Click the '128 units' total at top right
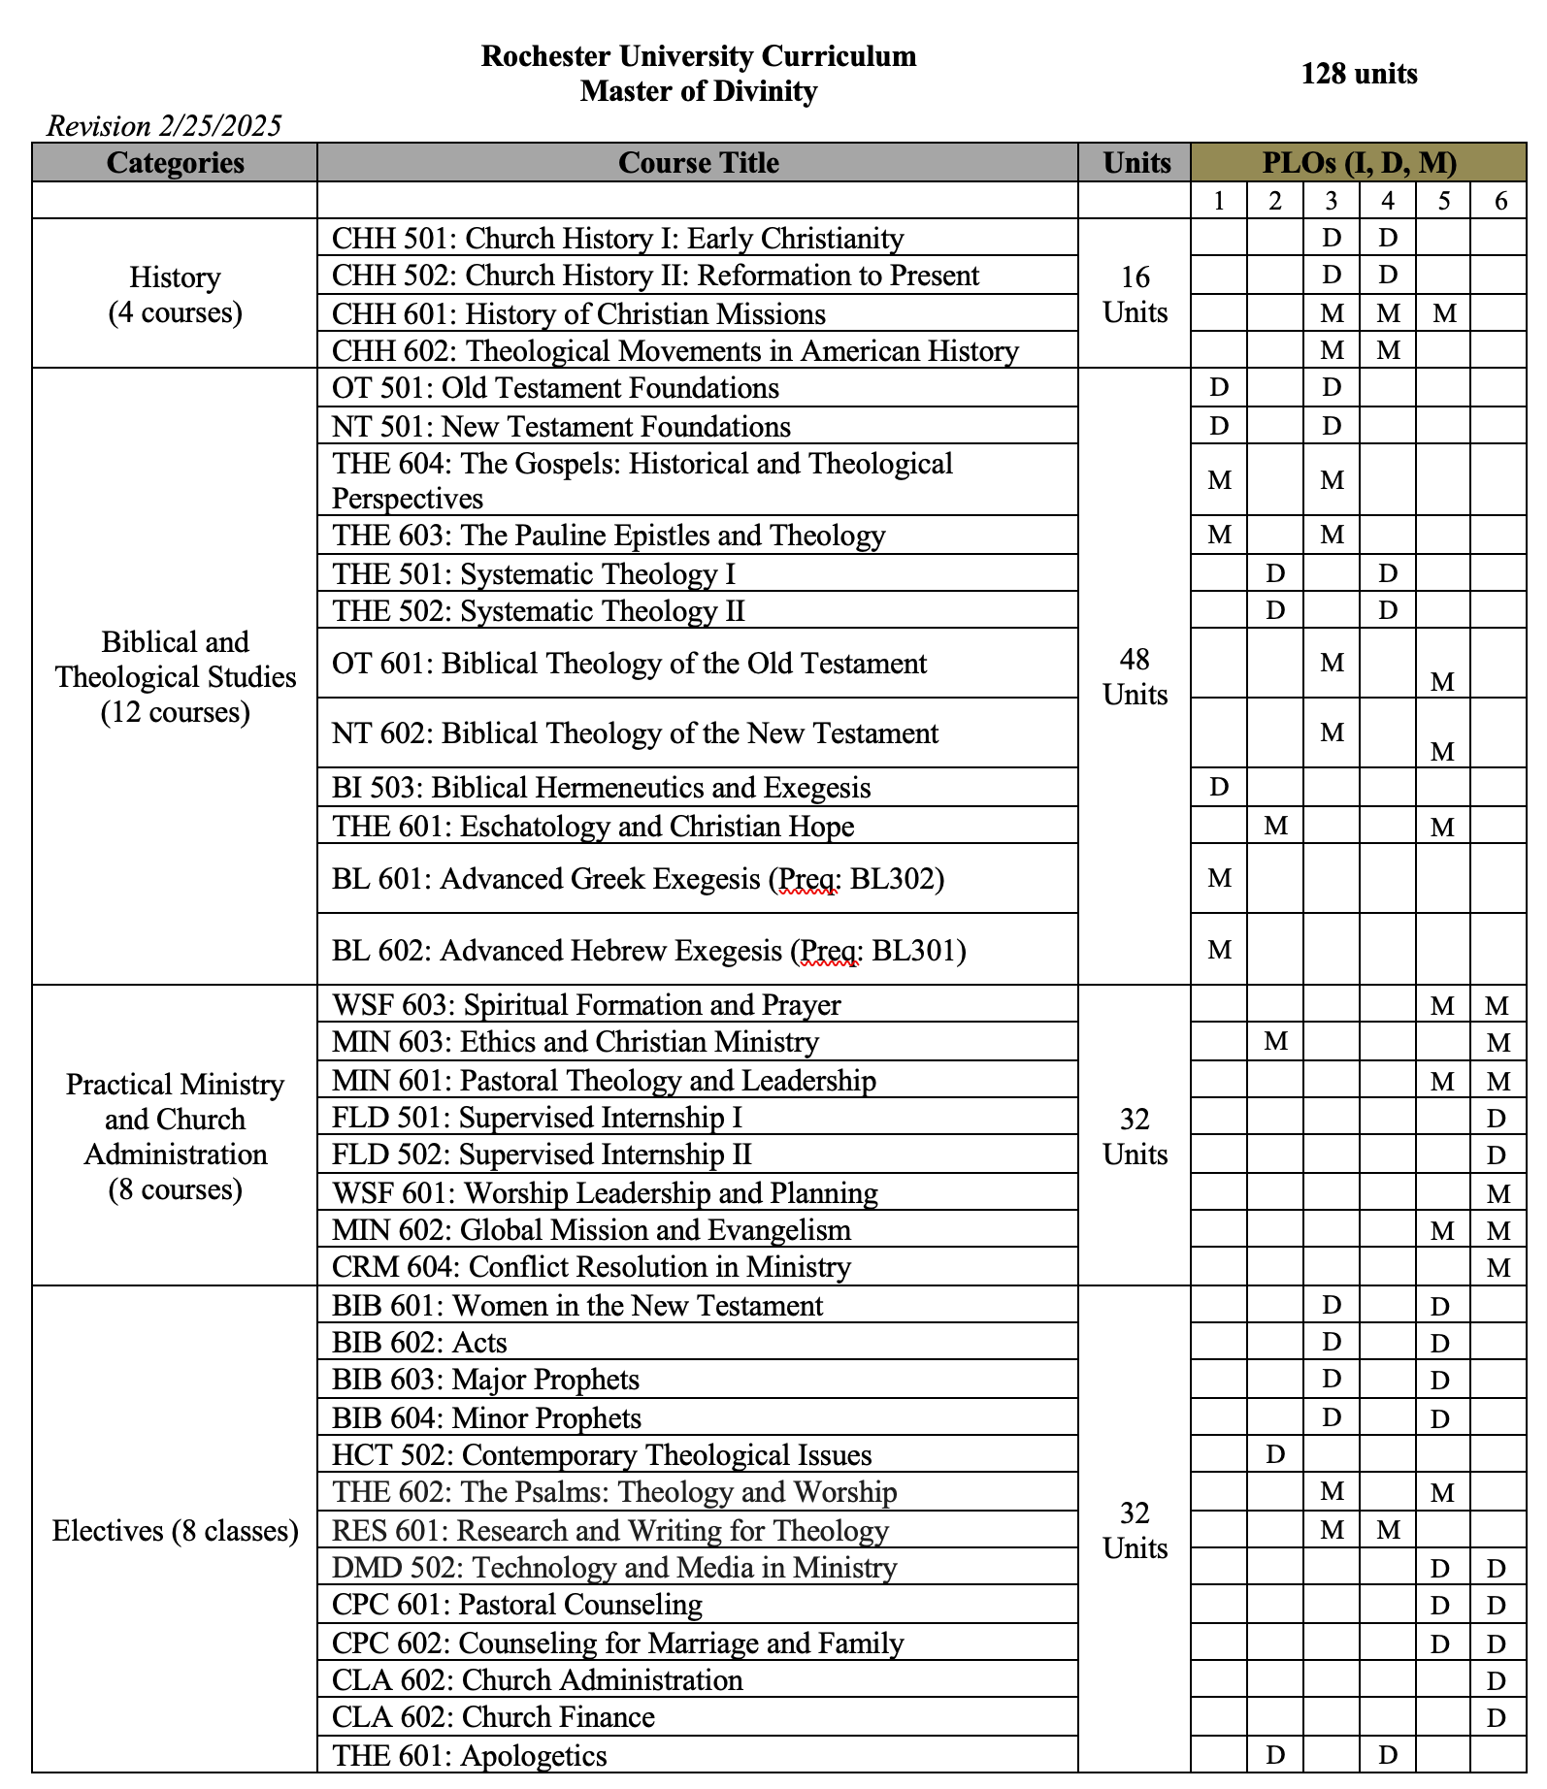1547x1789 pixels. pos(1359,74)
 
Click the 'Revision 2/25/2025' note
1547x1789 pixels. pos(164,126)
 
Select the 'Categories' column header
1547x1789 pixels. pos(175,163)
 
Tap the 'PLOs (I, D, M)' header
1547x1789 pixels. pos(1359,163)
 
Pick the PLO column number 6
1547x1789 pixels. pos(1500,201)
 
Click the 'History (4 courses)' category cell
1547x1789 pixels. pos(175,295)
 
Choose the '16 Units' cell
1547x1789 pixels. pos(1135,295)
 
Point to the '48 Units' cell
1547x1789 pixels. pos(1135,677)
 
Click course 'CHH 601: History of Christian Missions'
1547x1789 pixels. pos(578,314)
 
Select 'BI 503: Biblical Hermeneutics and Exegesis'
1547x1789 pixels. pos(601,788)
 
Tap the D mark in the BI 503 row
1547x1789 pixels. pos(1219,787)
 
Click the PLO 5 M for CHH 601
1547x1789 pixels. pos(1444,313)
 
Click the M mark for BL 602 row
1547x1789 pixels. pos(1219,950)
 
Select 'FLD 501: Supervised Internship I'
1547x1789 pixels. pos(537,1118)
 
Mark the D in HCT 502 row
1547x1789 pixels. pos(1275,1454)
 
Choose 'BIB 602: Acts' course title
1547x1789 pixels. pos(419,1343)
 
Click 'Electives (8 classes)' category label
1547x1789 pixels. pos(175,1531)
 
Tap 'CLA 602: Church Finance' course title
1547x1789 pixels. pos(493,1717)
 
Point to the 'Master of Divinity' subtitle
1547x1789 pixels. pos(699,91)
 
